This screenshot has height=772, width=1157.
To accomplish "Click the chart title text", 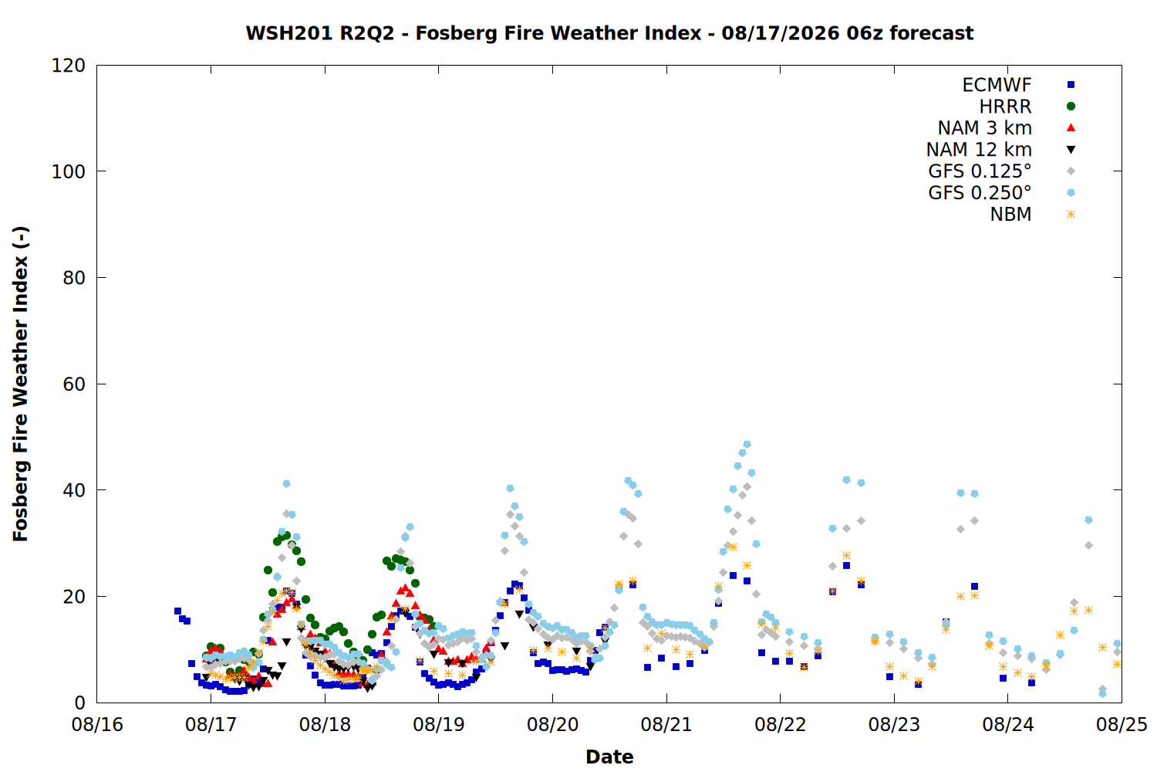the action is tap(609, 33).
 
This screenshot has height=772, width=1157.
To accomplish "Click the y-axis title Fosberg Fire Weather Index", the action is tap(20, 384).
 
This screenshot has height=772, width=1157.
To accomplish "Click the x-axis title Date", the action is tap(609, 757).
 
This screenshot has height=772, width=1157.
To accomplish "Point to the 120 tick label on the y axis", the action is tap(68, 66).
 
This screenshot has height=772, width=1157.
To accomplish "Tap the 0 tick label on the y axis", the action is tap(80, 703).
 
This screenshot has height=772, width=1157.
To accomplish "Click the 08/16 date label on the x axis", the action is tap(97, 724).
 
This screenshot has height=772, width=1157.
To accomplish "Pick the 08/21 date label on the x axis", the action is tap(666, 724).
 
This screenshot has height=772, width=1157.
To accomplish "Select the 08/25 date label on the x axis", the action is tap(1122, 724).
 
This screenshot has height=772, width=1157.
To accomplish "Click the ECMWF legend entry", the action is tap(997, 85).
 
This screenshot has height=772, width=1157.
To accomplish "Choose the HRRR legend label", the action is tap(1005, 107).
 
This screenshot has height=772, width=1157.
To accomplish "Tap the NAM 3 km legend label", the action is tap(984, 127).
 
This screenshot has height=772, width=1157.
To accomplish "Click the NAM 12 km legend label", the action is tap(979, 150).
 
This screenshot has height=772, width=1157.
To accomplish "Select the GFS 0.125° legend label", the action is tap(980, 171).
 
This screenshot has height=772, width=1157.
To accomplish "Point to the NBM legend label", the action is tap(1010, 214).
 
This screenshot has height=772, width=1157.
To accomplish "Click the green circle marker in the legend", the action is tap(1071, 107).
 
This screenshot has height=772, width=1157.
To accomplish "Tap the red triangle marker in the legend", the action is tap(1071, 127).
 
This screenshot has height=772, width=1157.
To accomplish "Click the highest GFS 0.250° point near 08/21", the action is tap(747, 445).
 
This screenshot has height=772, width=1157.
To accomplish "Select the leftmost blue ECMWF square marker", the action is tap(177, 611).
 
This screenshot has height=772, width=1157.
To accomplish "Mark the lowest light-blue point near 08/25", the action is tap(1102, 693).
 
